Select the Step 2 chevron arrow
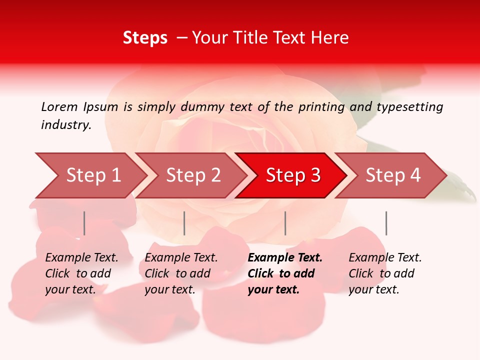coord(193,175)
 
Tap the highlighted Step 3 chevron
coord(293,175)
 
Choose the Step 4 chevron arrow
coord(393,175)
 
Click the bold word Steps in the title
coord(145,38)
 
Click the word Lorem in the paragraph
coord(59,107)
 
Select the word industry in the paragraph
coord(65,125)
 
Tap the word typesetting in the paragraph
coord(410,107)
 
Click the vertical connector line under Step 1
coord(84,223)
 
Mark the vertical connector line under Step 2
coord(184,223)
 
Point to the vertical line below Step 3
coord(285,223)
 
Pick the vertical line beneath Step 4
coord(386,223)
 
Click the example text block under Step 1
coord(81,273)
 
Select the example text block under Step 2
coord(181,273)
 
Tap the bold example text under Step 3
coord(285,273)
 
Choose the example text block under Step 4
coord(385,273)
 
